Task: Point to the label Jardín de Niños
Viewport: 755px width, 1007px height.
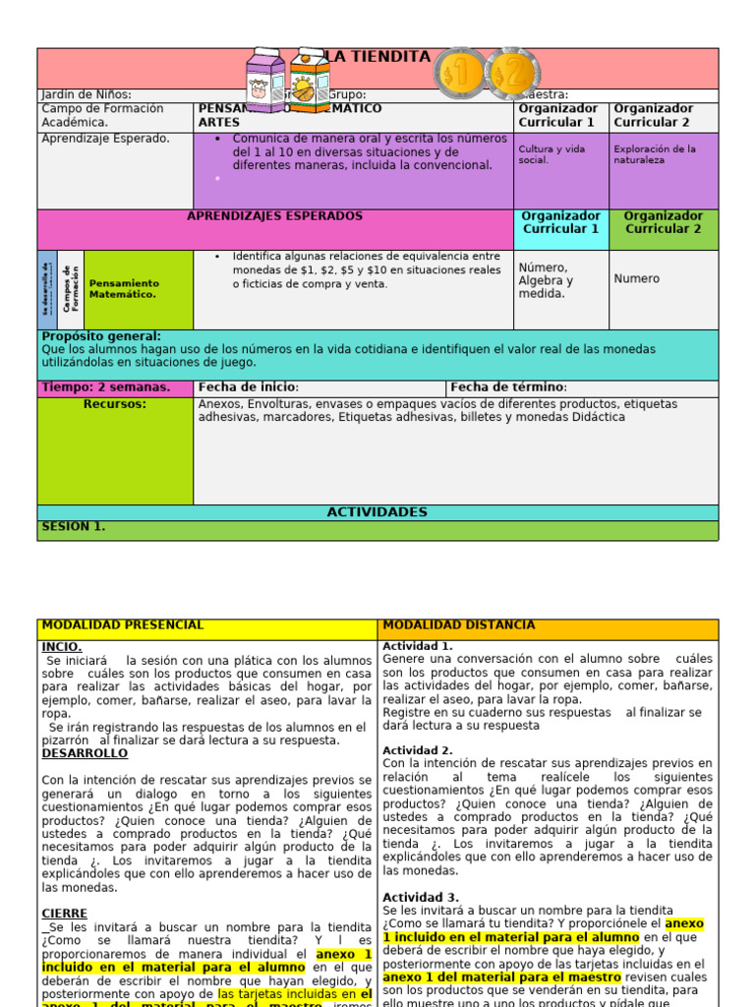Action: click(x=87, y=94)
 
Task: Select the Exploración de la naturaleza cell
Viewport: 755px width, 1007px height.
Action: click(x=663, y=154)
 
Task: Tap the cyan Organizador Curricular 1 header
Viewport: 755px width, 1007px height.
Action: click(x=560, y=222)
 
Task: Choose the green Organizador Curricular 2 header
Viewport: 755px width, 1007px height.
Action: click(x=663, y=222)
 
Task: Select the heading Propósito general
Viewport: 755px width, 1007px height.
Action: click(x=101, y=336)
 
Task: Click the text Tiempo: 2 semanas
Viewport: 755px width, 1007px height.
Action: click(x=106, y=387)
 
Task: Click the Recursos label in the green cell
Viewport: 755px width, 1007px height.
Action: click(x=115, y=404)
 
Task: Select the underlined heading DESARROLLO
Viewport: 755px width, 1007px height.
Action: click(x=85, y=753)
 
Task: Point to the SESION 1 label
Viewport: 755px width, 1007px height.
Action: click(x=74, y=527)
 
